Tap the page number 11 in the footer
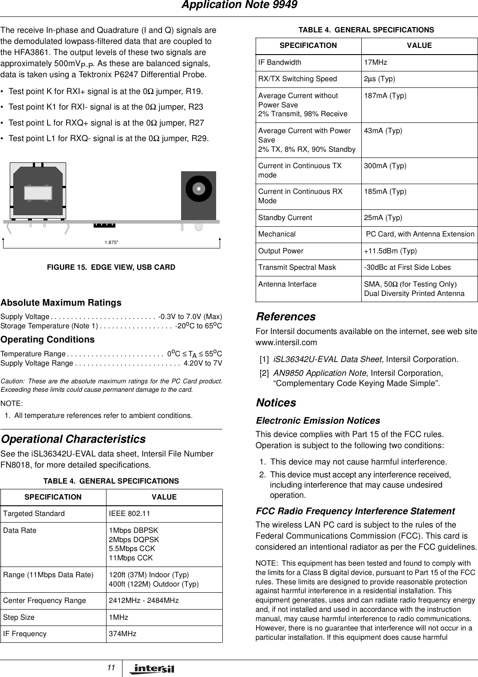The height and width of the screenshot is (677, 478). click(111, 668)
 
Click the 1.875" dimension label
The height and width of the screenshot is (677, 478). click(111, 242)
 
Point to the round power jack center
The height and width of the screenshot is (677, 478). click(199, 189)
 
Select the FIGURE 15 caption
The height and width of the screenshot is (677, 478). click(111, 267)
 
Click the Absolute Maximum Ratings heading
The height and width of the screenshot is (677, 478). click(61, 303)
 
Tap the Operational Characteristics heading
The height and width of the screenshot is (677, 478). click(73, 439)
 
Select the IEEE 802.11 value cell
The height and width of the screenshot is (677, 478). click(129, 514)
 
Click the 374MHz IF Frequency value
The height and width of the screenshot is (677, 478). click(122, 634)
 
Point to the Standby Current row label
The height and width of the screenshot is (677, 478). click(285, 218)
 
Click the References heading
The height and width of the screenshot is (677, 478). click(286, 317)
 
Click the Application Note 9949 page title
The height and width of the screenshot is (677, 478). click(239, 5)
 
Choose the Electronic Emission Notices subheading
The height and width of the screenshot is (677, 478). click(318, 421)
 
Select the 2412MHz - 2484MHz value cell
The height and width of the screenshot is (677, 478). click(144, 601)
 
